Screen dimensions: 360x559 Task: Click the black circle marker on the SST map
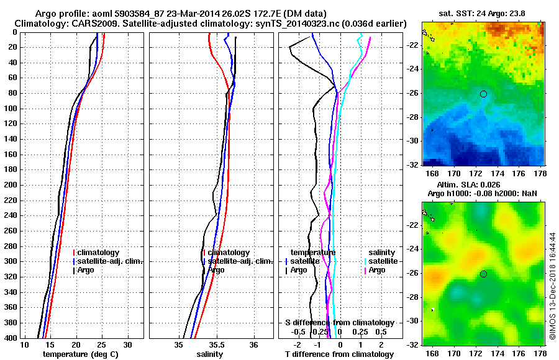483,94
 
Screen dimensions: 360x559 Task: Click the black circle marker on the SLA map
483,274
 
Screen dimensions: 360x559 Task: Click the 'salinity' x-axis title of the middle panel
211,354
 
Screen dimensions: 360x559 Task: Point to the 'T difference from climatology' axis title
339,354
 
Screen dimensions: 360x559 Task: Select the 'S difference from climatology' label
339,323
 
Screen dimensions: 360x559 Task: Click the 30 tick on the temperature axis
127,344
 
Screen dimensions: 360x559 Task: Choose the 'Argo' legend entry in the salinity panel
216,270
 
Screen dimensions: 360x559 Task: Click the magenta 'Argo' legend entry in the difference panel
376,270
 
